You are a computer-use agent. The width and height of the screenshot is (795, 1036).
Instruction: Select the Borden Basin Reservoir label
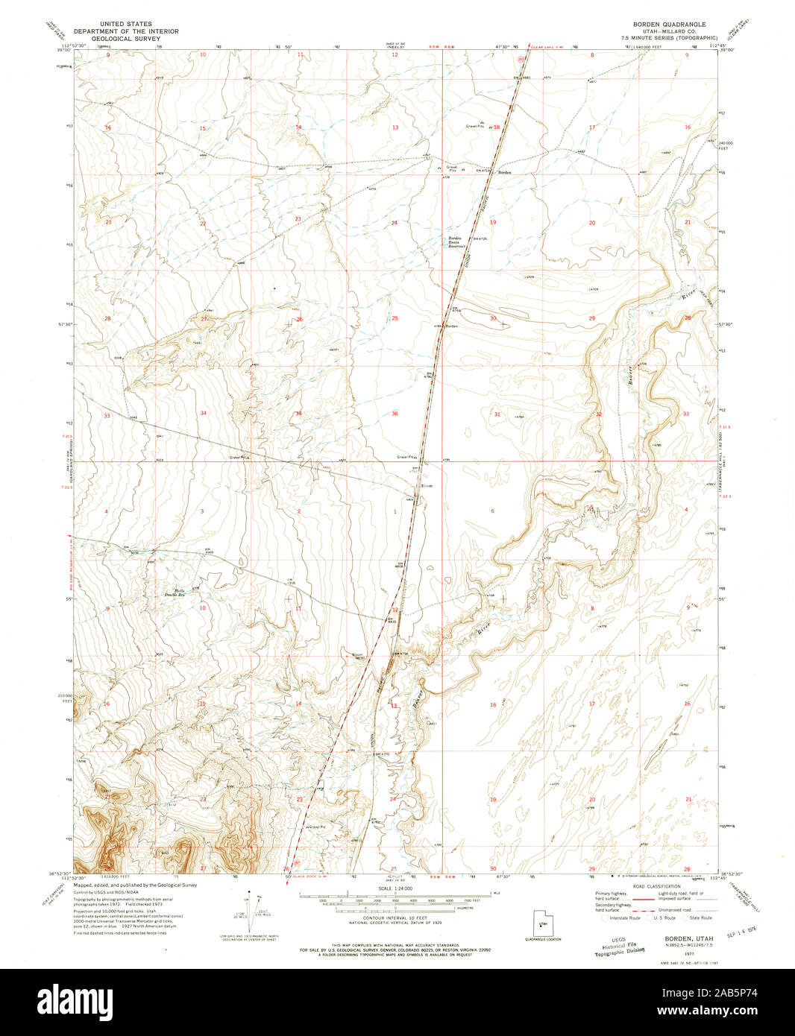(456, 242)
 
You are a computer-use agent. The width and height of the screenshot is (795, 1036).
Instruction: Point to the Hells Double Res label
(174, 593)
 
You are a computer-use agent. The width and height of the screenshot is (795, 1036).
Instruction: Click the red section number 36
(395, 414)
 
